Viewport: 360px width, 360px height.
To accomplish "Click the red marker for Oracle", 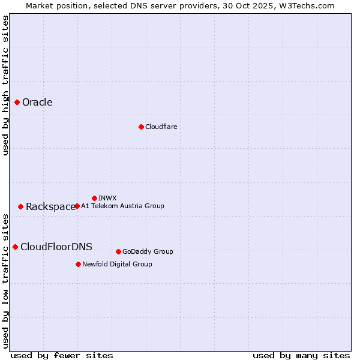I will click(x=17, y=102).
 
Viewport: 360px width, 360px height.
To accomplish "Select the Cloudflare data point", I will click(x=141, y=127).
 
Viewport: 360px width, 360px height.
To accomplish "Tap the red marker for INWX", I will click(x=94, y=198).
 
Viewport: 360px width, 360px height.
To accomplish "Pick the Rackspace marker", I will click(x=20, y=206).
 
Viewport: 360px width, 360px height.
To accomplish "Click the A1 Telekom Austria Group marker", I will click(x=77, y=206).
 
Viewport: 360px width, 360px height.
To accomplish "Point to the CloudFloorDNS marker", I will click(x=15, y=247).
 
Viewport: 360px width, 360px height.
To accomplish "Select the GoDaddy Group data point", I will click(x=118, y=251).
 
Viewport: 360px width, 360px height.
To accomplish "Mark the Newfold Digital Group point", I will click(x=78, y=264).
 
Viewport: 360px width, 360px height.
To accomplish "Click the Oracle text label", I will click(x=37, y=102).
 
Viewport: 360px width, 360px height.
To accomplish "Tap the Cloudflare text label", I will click(x=161, y=127).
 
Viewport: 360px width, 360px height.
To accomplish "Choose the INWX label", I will click(x=107, y=198).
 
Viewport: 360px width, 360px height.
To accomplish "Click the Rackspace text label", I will click(x=50, y=206).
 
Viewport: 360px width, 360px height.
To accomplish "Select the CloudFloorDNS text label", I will click(x=56, y=247).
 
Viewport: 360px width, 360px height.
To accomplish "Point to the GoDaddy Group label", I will click(x=148, y=251).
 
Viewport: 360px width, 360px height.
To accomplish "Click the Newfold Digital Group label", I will click(x=117, y=264).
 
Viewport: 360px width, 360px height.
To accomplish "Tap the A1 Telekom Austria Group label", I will click(x=122, y=206).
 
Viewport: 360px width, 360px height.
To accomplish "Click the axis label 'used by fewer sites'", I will click(x=62, y=355).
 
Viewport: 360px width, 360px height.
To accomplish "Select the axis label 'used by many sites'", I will click(x=301, y=355).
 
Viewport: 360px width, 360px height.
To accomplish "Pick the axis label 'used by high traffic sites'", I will click(x=5, y=85).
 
